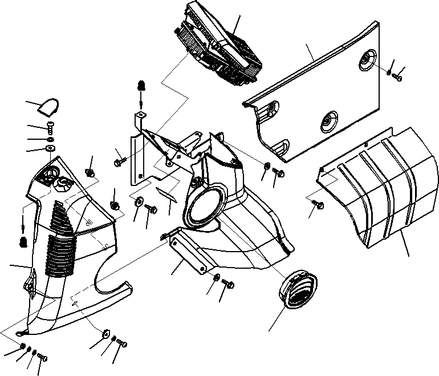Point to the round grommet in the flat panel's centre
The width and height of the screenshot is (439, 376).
[x=330, y=122]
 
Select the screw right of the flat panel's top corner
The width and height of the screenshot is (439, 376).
[x=397, y=76]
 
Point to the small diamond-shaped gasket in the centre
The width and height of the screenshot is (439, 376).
[x=166, y=192]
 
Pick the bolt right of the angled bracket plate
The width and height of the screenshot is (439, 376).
[x=229, y=282]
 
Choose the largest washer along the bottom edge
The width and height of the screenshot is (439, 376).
[x=106, y=334]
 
